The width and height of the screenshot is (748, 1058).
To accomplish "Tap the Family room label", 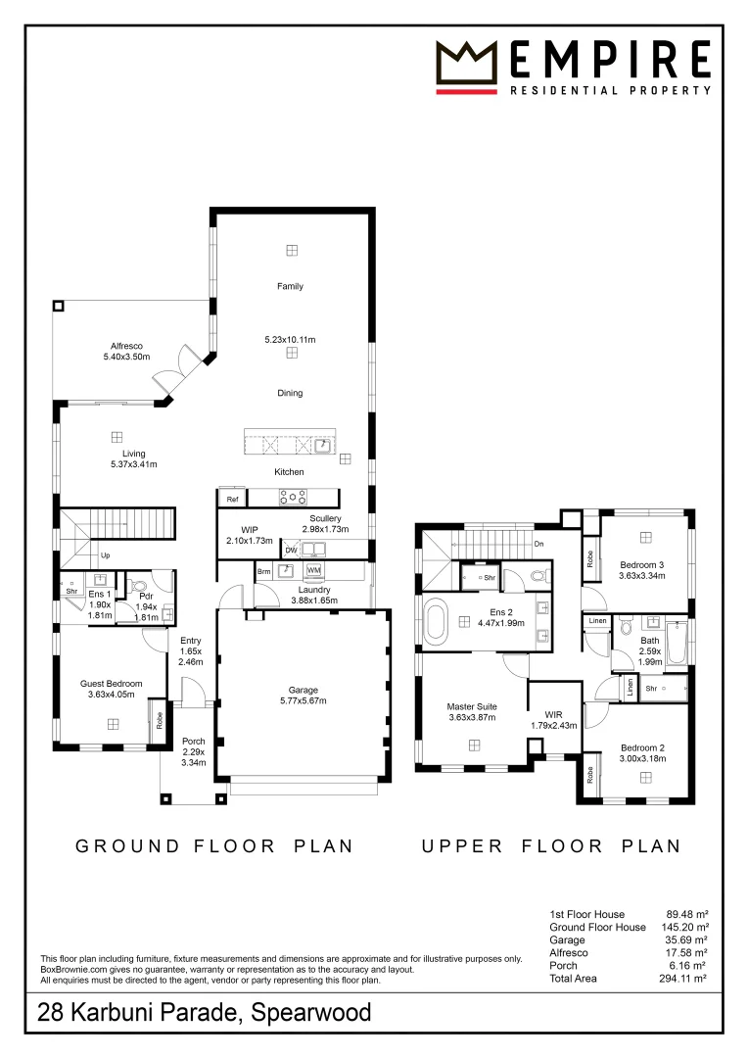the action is coord(290,286).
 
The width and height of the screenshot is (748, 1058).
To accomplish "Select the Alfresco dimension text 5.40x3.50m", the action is coord(127,357).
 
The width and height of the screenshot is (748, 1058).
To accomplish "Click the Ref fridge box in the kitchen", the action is coord(232,499).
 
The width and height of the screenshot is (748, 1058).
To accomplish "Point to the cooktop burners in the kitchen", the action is coord(293,498).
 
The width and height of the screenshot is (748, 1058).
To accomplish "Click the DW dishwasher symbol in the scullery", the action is coord(291,550).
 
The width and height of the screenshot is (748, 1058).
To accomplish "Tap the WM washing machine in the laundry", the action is coord(313,570).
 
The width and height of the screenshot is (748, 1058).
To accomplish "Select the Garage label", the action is coord(303,691).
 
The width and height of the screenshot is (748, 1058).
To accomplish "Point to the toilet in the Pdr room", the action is coord(140,585).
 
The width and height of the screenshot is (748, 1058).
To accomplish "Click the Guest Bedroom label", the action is coord(112,684).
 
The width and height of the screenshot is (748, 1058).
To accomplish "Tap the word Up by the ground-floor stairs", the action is coord(105,555).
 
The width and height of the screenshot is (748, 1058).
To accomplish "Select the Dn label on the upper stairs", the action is coord(538,544).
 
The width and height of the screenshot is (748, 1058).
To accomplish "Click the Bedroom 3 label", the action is coord(642,565).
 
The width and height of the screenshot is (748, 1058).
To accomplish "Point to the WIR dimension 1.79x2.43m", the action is coord(554,725).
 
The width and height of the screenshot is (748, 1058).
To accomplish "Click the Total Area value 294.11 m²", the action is coord(682,979).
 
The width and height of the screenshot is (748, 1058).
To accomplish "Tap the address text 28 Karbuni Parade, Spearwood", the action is coord(205,1013).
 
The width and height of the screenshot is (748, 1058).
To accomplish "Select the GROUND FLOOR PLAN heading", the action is coord(213,846).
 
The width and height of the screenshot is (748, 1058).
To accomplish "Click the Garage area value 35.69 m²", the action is coord(686,939).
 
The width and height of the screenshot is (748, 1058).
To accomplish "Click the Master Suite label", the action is coord(472,706).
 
